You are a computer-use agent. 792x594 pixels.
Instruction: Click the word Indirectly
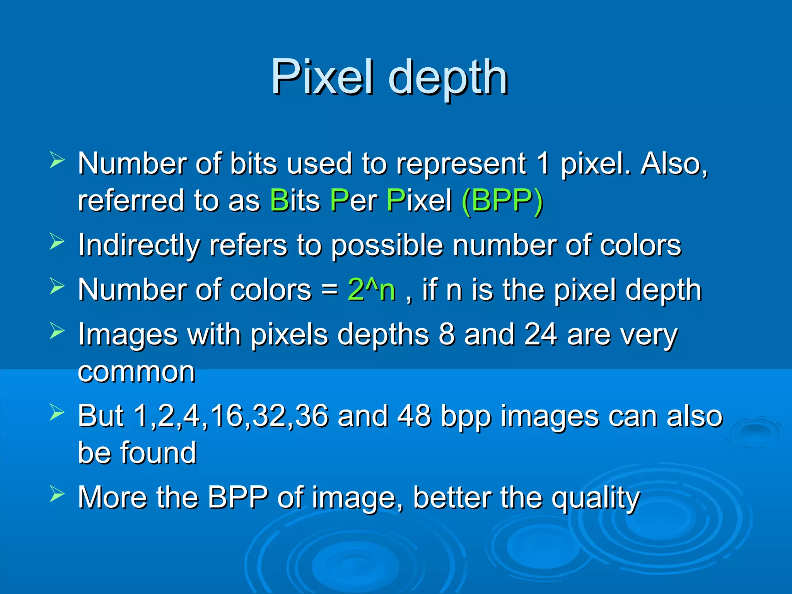point(139,245)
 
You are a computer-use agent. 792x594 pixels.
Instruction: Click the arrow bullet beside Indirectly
point(57,241)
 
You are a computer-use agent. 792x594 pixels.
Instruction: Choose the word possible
point(387,246)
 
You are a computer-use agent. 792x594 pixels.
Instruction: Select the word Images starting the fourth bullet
point(128,335)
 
